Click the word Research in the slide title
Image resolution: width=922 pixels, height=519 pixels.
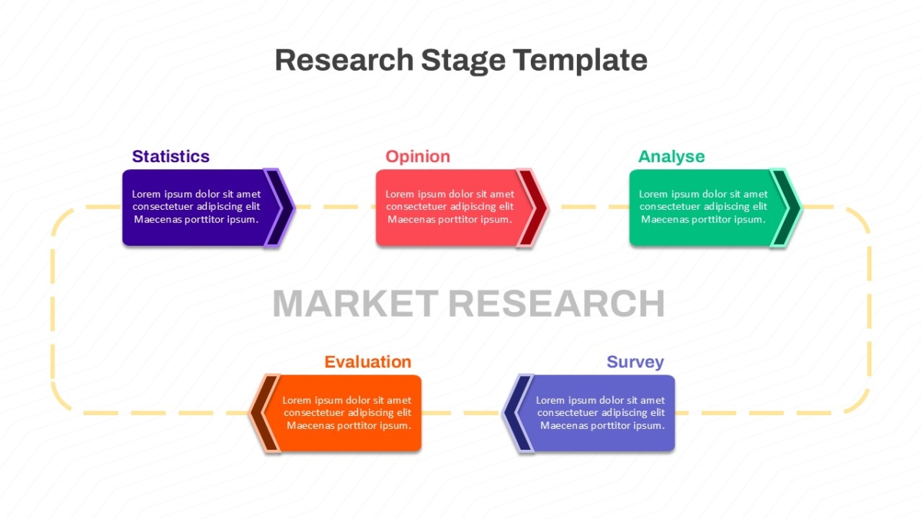344,60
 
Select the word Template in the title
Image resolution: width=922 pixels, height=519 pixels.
580,61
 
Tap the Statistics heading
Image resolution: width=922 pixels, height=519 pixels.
171,157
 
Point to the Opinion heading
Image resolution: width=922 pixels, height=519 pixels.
417,157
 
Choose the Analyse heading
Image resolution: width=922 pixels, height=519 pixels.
672,157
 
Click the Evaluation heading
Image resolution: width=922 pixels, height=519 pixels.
367,361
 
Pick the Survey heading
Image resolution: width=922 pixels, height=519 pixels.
635,362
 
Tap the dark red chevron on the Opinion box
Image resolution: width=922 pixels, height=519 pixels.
532,207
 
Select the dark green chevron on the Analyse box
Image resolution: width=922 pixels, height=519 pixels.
786,207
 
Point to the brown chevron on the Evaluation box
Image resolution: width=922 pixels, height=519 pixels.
264,413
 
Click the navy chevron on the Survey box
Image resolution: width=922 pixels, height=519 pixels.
517,413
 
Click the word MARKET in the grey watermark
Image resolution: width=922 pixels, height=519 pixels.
356,304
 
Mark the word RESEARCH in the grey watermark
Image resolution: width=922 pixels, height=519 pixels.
556,304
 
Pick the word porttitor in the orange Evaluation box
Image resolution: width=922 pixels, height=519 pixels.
357,426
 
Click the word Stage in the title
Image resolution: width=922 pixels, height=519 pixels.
463,61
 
